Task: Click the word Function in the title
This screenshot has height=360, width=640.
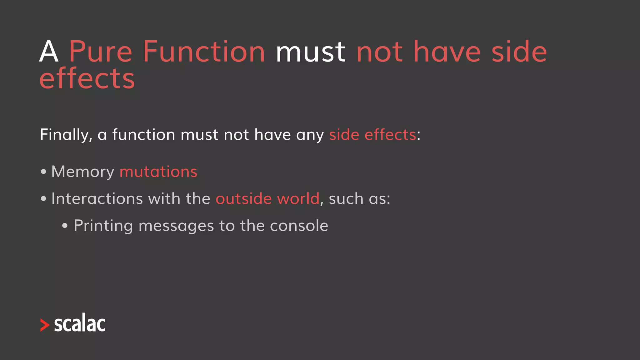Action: pyautogui.click(x=204, y=52)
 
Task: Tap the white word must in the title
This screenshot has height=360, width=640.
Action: pyautogui.click(x=310, y=52)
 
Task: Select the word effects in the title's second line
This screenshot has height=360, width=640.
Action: pyautogui.click(x=87, y=79)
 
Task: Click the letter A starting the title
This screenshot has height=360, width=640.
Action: pyautogui.click(x=49, y=52)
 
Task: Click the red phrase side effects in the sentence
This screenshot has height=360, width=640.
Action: pyautogui.click(x=372, y=135)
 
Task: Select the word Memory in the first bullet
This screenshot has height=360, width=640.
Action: pyautogui.click(x=83, y=172)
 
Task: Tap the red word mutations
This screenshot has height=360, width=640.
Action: pyautogui.click(x=158, y=172)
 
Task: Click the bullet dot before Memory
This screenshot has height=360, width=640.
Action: pyautogui.click(x=43, y=172)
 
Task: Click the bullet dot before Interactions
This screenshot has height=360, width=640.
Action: pyautogui.click(x=43, y=199)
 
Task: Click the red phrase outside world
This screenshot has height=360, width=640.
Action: pyautogui.click(x=267, y=199)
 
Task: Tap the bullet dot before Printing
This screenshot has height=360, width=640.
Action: pyautogui.click(x=65, y=226)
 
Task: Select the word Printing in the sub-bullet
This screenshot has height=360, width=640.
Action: pyautogui.click(x=103, y=226)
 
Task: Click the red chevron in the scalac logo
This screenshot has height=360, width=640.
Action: pyautogui.click(x=45, y=325)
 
